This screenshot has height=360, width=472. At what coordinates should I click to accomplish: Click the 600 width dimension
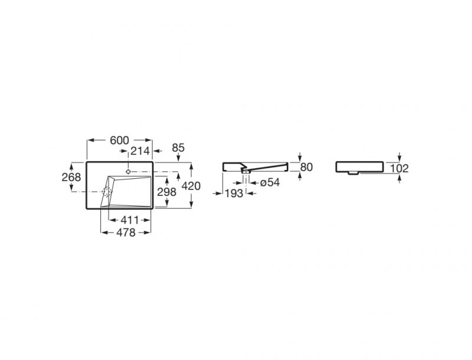(119, 140)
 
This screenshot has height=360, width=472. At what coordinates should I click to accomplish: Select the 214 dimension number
(140, 151)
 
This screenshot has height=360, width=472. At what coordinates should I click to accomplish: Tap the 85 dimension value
(178, 148)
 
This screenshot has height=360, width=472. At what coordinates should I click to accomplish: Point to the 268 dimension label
(71, 177)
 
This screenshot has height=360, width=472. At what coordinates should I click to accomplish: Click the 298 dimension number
(167, 192)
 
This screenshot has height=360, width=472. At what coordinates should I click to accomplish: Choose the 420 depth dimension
(191, 186)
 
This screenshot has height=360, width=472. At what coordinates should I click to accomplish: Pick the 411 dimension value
(130, 220)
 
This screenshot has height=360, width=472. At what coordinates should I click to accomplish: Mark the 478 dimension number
(126, 233)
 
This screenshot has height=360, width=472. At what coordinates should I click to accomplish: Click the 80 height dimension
(306, 167)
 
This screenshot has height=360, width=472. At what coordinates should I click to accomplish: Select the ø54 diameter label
(270, 182)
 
